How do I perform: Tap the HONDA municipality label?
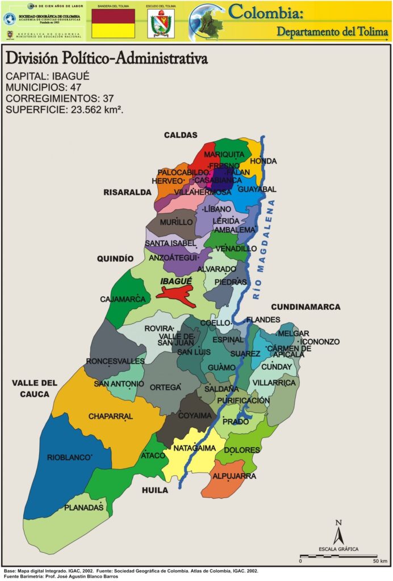tap(263, 161)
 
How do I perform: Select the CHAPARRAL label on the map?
tap(110, 416)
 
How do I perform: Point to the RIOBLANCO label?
tap(69, 457)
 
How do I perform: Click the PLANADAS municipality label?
tap(83, 507)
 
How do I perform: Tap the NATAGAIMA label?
tap(194, 448)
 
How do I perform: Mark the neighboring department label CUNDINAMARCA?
tap(305, 307)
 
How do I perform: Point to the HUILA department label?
tap(155, 490)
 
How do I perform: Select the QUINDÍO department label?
tap(115, 259)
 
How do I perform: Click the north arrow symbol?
tap(338, 533)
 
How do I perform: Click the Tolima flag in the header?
tap(113, 23)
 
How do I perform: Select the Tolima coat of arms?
tap(161, 24)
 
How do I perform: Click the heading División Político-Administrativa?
tap(106, 59)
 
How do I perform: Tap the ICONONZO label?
tap(320, 342)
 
